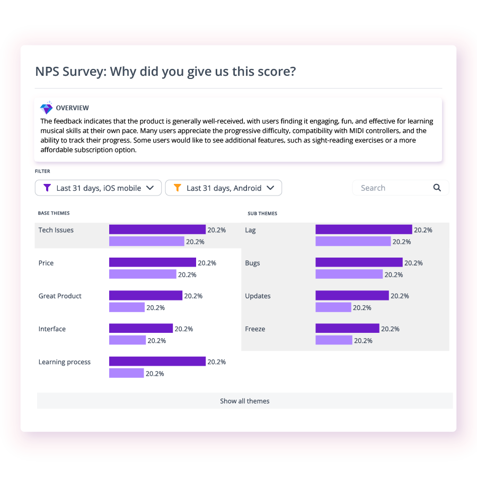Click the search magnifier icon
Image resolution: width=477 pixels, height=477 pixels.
(x=437, y=188)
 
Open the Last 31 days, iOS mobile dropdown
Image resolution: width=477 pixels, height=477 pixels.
(x=98, y=188)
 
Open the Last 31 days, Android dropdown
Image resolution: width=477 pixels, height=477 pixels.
(x=223, y=188)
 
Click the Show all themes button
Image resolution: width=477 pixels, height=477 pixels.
(x=244, y=401)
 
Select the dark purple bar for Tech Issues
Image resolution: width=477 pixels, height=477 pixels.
(x=157, y=229)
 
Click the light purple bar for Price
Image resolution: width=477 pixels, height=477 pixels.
(x=143, y=274)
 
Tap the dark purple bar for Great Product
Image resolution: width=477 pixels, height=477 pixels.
(x=146, y=296)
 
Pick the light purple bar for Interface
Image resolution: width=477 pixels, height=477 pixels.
(x=127, y=340)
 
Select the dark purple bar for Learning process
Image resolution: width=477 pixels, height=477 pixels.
(x=157, y=361)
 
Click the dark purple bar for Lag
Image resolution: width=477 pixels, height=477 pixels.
(x=364, y=229)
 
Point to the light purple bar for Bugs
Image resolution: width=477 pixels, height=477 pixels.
(x=349, y=274)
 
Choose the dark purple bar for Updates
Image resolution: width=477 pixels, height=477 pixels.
(x=352, y=296)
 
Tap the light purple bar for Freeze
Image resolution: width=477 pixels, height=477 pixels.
(x=334, y=340)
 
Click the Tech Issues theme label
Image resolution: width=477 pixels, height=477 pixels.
(x=56, y=230)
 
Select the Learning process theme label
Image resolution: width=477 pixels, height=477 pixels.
(x=65, y=362)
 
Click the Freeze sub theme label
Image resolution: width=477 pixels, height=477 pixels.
(x=255, y=329)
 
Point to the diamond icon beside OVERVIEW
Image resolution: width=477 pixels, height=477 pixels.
(x=47, y=108)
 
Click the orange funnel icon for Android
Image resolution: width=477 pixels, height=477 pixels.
(x=178, y=188)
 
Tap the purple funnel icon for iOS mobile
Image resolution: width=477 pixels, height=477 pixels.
(x=47, y=188)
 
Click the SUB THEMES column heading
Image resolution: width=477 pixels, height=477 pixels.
(x=262, y=214)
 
